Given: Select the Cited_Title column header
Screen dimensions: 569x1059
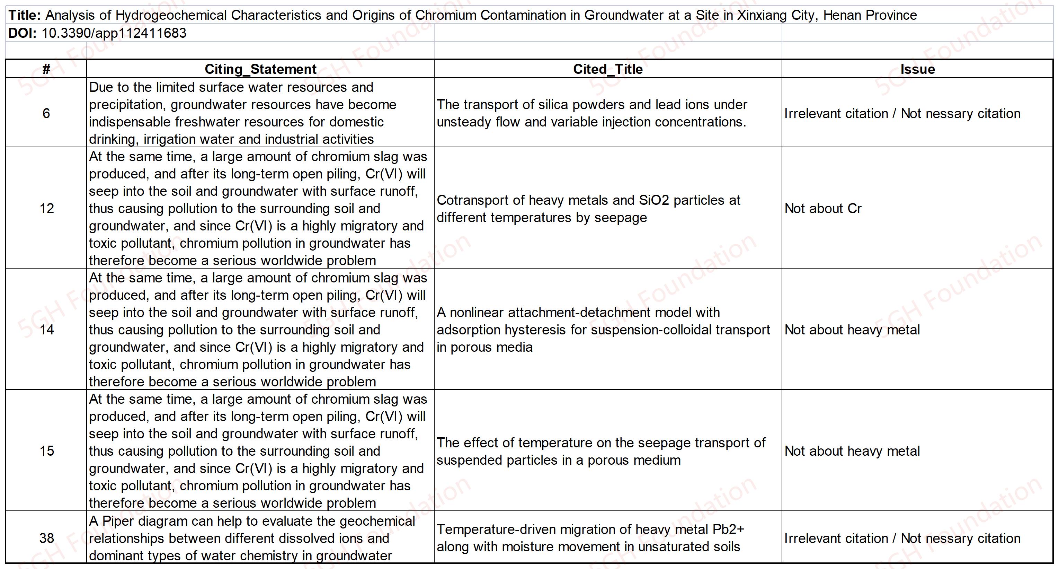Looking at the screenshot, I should (608, 69).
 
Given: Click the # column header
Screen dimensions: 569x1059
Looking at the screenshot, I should (46, 69).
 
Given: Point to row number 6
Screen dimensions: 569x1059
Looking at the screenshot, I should (46, 113).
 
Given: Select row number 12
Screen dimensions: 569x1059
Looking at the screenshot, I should (46, 208).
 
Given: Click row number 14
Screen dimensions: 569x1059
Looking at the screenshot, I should (46, 330).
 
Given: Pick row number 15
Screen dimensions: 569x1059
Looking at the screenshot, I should (46, 451).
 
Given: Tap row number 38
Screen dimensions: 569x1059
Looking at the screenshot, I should (46, 538).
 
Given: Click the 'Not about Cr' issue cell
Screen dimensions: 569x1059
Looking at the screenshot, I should (822, 208).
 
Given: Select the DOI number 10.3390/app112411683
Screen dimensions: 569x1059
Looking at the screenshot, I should (114, 33).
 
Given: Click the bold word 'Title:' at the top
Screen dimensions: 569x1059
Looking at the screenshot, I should (24, 15).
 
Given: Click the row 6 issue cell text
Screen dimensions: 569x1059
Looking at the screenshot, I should (902, 114).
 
